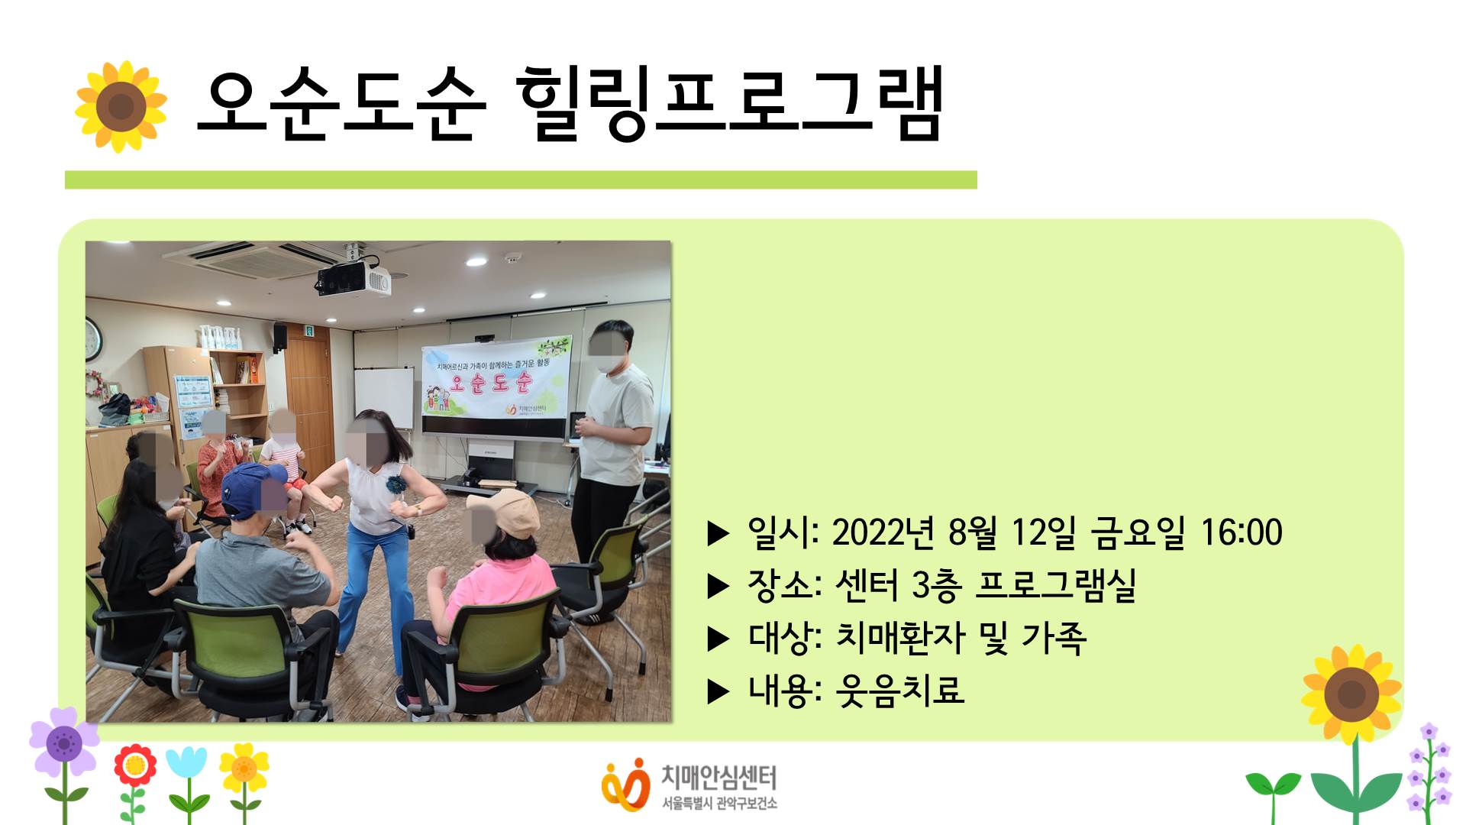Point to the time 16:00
1242,532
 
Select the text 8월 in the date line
972,532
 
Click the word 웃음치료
900,690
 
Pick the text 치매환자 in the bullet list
900,637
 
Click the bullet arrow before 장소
718,586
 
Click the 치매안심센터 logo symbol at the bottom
625,784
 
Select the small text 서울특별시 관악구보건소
719,804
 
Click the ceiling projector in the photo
354,280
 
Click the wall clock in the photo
92,338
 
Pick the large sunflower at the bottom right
1351,694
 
